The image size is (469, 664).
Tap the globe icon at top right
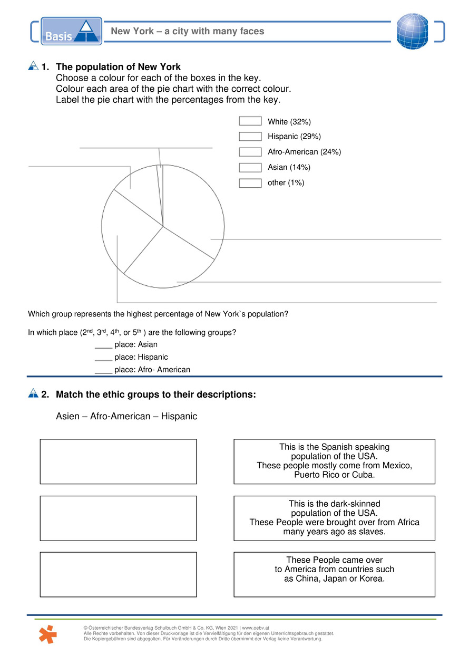(413, 31)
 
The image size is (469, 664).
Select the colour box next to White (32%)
(250, 121)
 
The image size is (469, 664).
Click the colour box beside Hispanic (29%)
(250, 137)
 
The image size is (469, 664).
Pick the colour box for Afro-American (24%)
(250, 152)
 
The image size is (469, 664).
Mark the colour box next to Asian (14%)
(250, 167)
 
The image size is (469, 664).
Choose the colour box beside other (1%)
(250, 183)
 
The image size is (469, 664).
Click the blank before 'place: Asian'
(103, 345)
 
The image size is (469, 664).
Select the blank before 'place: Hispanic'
(103, 358)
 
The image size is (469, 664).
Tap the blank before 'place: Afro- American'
(103, 370)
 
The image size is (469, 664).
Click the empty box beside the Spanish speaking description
(118, 461)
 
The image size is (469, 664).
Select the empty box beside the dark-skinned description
(118, 518)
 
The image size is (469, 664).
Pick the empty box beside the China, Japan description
(118, 574)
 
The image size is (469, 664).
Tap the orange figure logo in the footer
(48, 633)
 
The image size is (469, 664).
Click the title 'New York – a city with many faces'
(187, 31)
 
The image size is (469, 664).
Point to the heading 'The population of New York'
(118, 67)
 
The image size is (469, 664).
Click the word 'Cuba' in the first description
(363, 475)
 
